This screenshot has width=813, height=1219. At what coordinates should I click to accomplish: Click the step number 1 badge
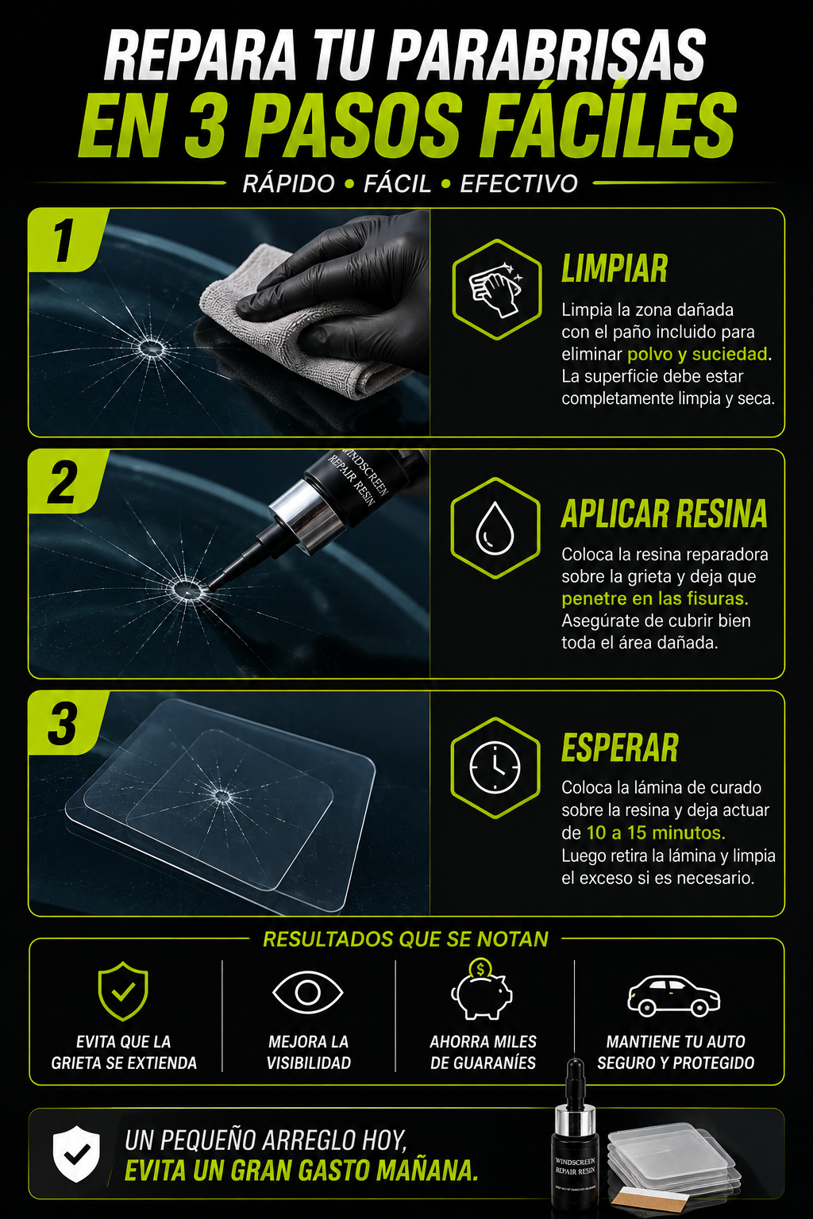(64, 240)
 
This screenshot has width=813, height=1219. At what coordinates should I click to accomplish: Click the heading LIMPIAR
(615, 268)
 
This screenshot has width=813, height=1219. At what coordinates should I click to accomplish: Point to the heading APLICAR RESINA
(665, 513)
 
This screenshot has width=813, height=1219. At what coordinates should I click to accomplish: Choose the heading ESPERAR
(620, 748)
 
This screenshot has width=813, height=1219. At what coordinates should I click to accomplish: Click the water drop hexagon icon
(495, 528)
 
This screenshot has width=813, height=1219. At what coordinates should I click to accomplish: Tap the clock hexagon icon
(495, 768)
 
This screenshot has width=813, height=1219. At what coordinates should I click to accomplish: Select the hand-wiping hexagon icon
(497, 290)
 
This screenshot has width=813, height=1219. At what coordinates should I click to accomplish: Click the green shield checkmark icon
(123, 991)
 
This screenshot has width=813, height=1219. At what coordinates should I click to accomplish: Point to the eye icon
(308, 992)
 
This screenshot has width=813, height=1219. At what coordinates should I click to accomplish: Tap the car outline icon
(674, 996)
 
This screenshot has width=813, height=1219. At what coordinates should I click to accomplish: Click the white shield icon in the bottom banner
(76, 1155)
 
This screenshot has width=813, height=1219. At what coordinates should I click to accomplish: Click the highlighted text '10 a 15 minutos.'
(656, 833)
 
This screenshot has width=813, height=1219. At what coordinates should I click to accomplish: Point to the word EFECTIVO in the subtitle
(519, 183)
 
